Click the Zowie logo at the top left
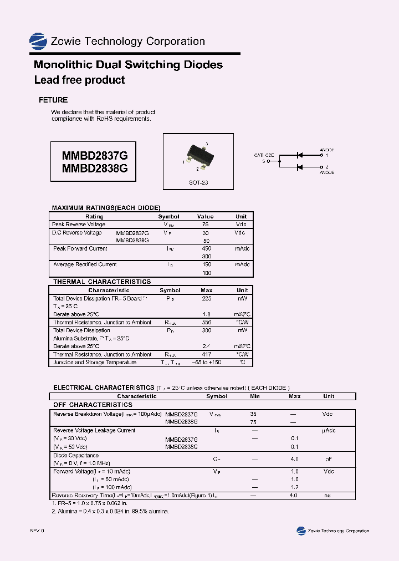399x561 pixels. click(38, 42)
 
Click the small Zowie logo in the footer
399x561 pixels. click(301, 531)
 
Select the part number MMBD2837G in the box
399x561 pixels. click(94, 156)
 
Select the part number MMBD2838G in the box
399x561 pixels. click(94, 169)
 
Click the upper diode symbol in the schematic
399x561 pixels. click(300, 155)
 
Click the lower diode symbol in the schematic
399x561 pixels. click(300, 167)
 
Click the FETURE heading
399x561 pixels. click(53, 100)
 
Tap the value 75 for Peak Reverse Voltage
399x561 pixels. click(205, 225)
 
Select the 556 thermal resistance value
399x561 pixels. click(206, 322)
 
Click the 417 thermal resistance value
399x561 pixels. click(206, 354)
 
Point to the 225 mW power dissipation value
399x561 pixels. click(206, 298)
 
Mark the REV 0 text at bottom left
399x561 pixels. click(37, 531)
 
